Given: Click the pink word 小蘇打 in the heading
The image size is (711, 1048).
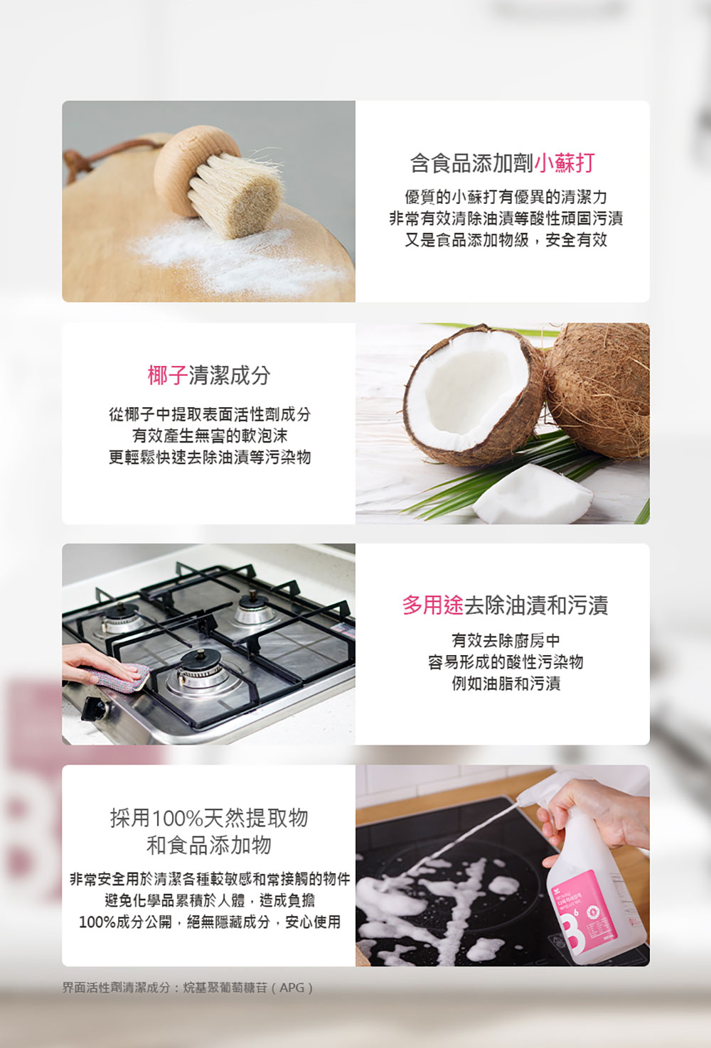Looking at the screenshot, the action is [564, 163].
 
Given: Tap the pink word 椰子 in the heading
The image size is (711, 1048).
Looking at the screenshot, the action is [168, 375].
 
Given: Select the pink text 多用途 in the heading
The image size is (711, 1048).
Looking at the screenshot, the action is [433, 605].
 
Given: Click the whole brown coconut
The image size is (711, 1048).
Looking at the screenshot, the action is [599, 389].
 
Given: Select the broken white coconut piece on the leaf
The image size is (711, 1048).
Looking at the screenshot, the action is [533, 494].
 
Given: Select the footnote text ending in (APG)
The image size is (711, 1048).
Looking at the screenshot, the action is [188, 988].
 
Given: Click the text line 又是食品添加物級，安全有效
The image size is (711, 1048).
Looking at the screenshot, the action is [506, 240].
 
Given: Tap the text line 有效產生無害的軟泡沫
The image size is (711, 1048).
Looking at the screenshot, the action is [209, 436].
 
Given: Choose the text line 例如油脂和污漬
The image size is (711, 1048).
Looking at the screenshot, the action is [506, 684].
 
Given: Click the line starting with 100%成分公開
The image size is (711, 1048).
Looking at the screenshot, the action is [209, 922].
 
